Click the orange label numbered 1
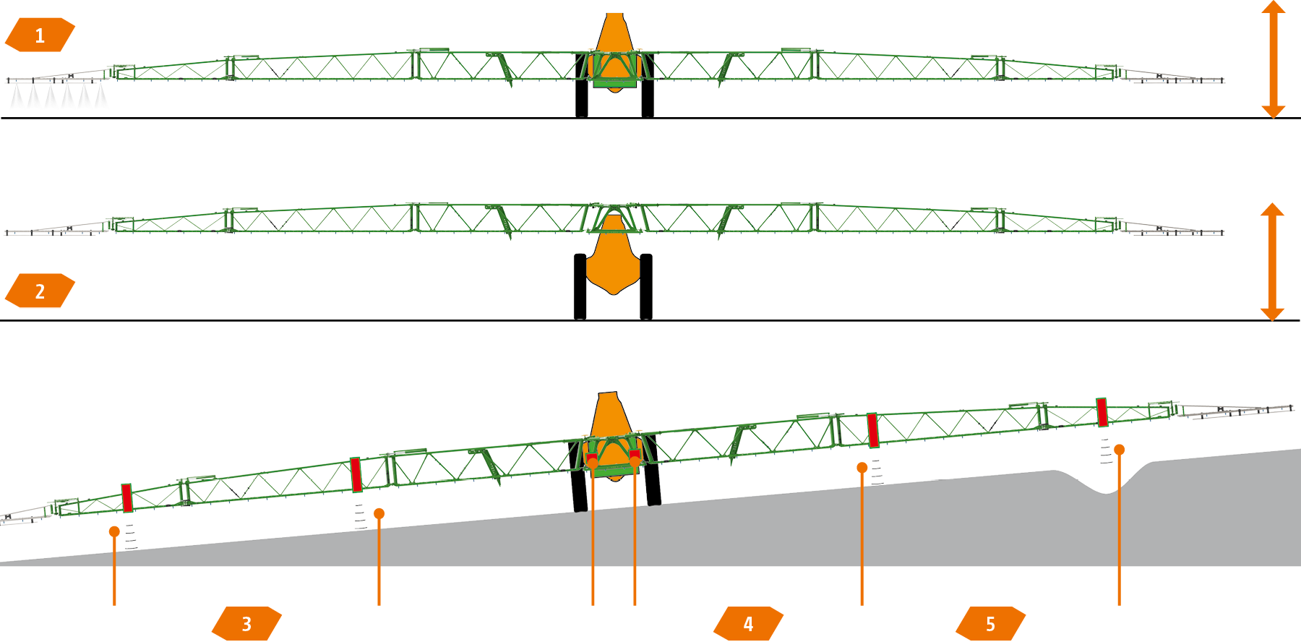(x=40, y=35)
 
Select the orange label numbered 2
(x=40, y=291)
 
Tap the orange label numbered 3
(x=246, y=623)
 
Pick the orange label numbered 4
(x=748, y=623)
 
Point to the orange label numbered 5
(x=990, y=623)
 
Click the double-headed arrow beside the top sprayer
(x=1273, y=59)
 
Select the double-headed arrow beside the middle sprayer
(x=1272, y=262)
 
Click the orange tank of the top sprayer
(x=614, y=43)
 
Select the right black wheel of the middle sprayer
(x=646, y=286)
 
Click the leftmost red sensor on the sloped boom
(x=127, y=498)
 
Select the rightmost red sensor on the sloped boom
(x=1102, y=412)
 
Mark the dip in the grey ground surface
(x=1106, y=488)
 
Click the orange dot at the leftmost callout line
(x=114, y=531)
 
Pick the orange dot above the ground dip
(x=1119, y=450)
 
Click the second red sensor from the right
(x=872, y=429)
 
